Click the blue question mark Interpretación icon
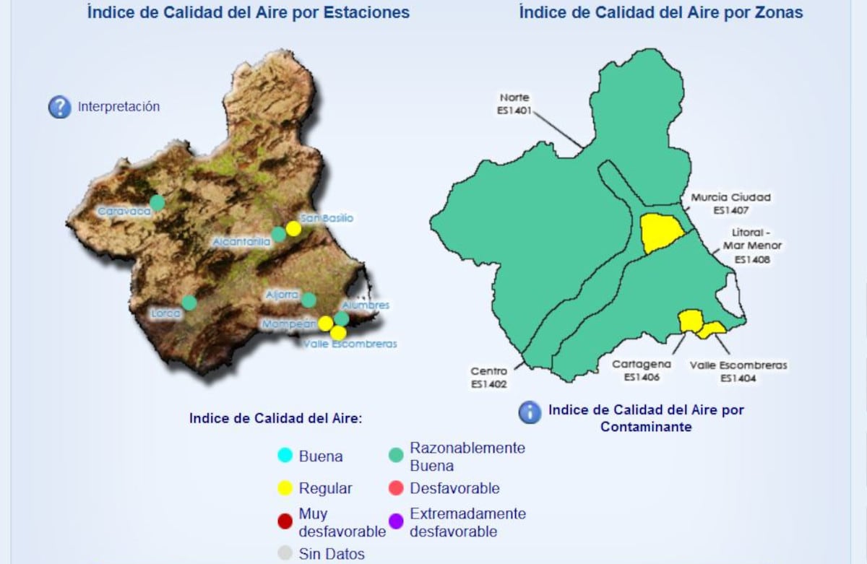point(59,107)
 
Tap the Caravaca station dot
point(158,202)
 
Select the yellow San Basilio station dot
point(293,228)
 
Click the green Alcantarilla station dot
point(279,234)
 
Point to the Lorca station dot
point(189,303)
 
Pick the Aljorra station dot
point(309,300)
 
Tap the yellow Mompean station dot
point(326,323)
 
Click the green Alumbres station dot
point(342,318)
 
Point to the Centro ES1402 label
point(488,378)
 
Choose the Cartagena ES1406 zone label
point(642,370)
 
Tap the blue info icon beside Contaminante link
point(530,412)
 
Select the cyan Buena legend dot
point(285,456)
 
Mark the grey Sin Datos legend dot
point(285,554)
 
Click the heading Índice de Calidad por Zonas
point(660,12)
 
